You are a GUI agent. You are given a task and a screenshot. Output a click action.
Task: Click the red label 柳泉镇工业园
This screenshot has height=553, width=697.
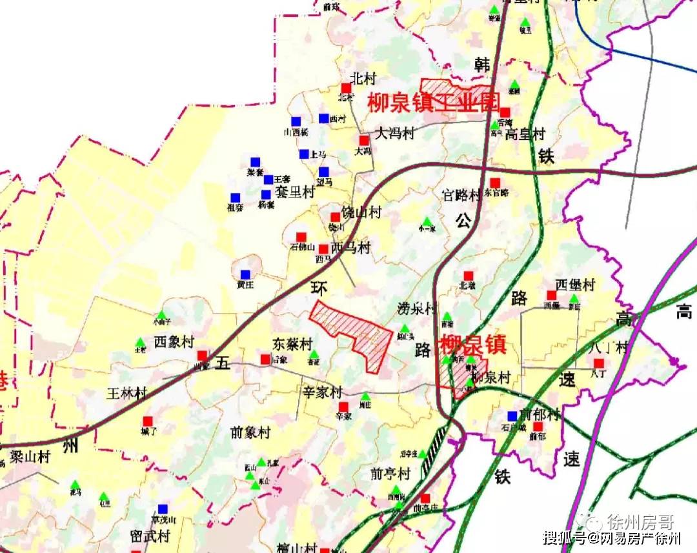coord(434,103)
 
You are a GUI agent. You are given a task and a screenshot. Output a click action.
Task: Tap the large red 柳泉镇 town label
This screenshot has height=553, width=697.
coord(472,346)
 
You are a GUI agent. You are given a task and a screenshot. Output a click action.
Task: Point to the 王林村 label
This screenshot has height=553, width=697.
coord(127,393)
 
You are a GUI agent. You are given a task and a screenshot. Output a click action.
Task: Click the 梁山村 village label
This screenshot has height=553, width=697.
coord(30,457)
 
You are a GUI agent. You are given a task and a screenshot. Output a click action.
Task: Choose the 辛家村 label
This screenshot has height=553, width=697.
coord(323,392)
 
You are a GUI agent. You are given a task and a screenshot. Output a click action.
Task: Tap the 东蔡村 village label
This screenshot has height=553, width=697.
coord(292,344)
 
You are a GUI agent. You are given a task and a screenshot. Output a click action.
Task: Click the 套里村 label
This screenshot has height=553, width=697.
coord(295,192)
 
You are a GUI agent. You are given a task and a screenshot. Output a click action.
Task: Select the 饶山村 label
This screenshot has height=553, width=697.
coord(362,213)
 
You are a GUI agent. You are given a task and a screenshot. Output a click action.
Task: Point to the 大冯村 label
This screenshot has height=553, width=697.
coord(395,134)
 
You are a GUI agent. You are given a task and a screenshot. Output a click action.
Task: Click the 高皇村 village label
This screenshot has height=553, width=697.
coord(525,134)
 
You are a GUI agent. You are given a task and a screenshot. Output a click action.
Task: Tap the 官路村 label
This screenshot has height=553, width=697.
coord(461,195)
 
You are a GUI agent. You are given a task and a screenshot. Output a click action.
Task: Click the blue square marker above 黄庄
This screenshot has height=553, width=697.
coord(245,274)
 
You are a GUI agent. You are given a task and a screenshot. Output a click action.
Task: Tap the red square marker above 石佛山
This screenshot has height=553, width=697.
coord(301,237)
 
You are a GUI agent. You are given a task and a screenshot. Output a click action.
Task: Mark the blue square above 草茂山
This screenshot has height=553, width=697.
coord(163,508)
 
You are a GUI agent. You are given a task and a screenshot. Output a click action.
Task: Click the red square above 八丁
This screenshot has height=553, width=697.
coord(599,363)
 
